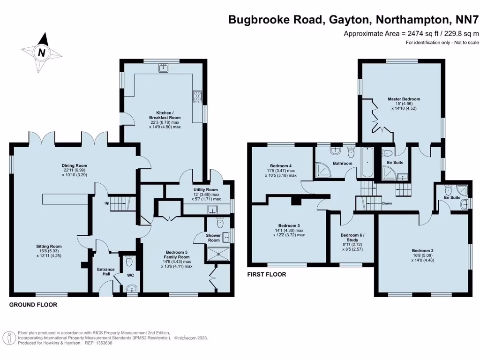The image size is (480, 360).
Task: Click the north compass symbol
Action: (42, 52)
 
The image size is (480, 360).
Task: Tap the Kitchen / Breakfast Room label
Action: (165, 115)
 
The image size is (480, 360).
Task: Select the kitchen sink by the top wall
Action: (163, 69)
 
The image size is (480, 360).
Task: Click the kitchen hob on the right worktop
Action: (197, 97)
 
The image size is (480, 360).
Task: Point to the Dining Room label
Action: (75, 165)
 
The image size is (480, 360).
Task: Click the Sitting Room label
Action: (49, 246)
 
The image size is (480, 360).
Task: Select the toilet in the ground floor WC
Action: (130, 261)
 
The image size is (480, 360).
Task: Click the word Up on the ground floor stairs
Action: (107, 203)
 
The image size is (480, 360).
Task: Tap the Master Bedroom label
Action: (404, 99)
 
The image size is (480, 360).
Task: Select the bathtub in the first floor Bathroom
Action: (367, 162)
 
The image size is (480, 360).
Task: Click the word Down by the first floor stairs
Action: (387, 203)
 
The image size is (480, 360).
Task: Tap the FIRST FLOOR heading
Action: (267, 275)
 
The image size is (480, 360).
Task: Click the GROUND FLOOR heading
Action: (33, 305)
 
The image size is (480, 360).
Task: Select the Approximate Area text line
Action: (411, 33)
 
